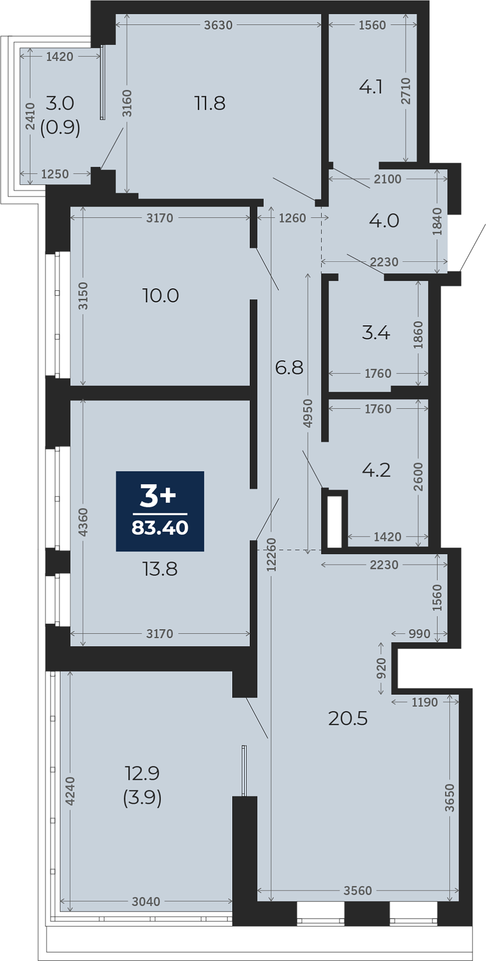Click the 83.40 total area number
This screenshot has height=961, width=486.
click(x=160, y=528)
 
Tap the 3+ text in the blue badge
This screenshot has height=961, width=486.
click(x=158, y=496)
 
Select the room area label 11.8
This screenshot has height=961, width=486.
click(x=210, y=103)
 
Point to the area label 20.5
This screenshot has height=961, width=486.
click(x=348, y=718)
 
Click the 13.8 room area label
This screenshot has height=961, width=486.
click(x=160, y=569)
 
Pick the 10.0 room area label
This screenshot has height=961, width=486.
click(x=161, y=295)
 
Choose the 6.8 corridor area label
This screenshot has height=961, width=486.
click(x=289, y=367)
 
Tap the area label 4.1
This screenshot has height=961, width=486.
click(x=371, y=87)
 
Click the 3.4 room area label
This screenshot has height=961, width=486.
click(x=376, y=332)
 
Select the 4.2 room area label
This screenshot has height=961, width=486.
click(x=376, y=470)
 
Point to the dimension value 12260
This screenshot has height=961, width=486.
click(x=271, y=555)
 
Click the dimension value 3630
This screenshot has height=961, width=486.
click(x=218, y=25)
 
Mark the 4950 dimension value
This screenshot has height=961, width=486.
click(x=308, y=413)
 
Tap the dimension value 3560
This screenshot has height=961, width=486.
click(x=357, y=890)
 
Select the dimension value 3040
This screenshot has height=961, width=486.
click(x=146, y=901)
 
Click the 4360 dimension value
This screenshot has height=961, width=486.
click(x=83, y=522)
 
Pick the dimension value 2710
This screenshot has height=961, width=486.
click(x=405, y=91)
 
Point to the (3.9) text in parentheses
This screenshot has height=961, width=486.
click(x=143, y=797)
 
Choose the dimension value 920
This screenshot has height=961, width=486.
click(x=381, y=668)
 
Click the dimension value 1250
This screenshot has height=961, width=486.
click(x=55, y=174)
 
